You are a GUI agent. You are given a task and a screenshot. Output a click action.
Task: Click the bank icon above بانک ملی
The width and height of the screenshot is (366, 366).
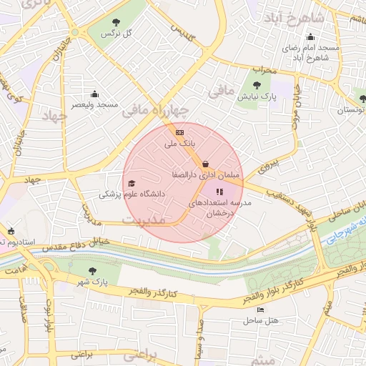pyautogui.click(x=179, y=132)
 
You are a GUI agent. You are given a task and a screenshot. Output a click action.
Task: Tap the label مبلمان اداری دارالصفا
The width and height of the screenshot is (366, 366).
pyautogui.click(x=207, y=174)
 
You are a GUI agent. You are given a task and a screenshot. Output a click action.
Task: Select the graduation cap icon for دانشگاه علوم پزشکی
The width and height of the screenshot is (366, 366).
pyautogui.click(x=131, y=183)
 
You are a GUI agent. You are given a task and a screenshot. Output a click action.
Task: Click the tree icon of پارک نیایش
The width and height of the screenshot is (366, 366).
pyautogui.click(x=257, y=85)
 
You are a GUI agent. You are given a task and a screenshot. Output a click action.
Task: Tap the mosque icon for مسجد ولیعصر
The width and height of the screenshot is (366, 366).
pyautogui.click(x=94, y=94)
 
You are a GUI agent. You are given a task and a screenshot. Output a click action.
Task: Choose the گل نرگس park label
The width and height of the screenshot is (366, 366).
pyautogui.click(x=118, y=34)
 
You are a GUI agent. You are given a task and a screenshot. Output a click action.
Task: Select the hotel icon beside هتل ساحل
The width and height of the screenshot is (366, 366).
pyautogui.click(x=260, y=310)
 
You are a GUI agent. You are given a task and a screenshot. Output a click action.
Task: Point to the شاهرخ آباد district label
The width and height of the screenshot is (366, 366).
pyautogui.click(x=294, y=16)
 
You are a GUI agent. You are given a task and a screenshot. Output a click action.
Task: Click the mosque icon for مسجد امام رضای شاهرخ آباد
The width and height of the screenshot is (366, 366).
pyautogui.click(x=310, y=38)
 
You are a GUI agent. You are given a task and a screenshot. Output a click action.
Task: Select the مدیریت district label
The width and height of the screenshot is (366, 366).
pyautogui.click(x=142, y=219)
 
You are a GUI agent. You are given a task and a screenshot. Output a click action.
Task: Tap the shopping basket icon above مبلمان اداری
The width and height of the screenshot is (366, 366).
pyautogui.click(x=206, y=163)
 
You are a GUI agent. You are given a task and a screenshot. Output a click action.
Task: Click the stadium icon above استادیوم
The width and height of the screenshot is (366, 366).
pyautogui.click(x=10, y=231)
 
